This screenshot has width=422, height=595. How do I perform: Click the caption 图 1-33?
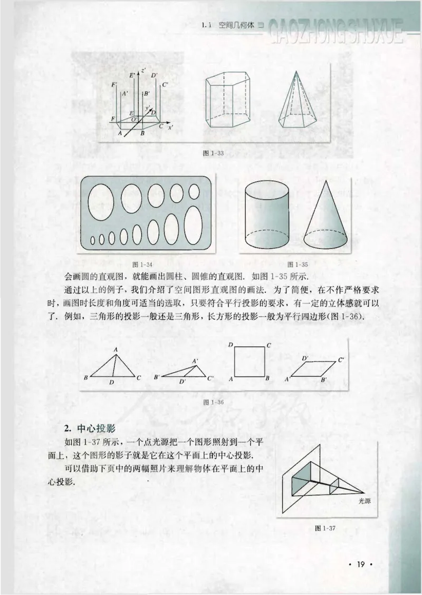(214, 153)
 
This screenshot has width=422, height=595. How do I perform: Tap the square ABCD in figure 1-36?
(249, 361)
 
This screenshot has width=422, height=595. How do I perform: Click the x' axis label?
(170, 128)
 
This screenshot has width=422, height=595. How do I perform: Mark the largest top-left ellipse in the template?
(100, 202)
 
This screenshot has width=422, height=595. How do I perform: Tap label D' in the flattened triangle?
(182, 381)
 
